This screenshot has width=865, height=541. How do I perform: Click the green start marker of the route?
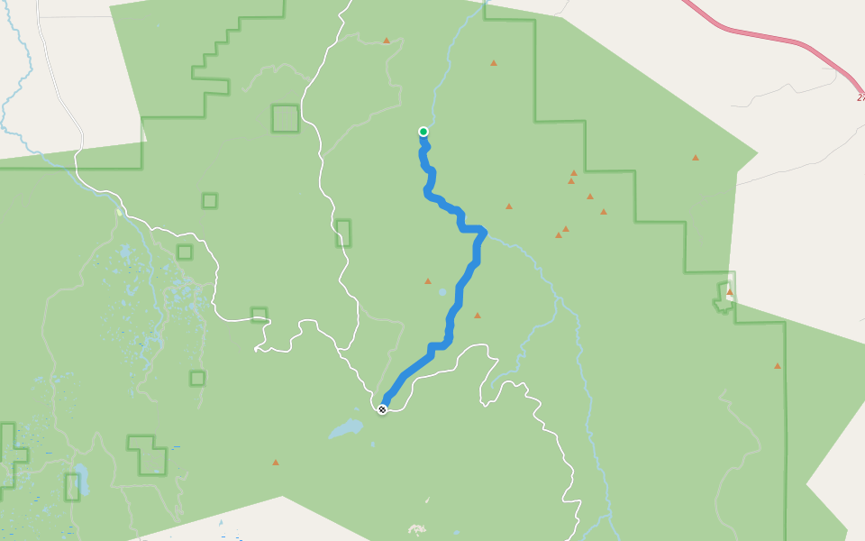point(423,132)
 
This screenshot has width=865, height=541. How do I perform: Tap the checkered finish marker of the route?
point(383,409)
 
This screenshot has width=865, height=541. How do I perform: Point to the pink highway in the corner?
point(766,37)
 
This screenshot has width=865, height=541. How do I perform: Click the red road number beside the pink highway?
point(860,96)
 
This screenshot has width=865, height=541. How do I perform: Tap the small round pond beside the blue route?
point(442,292)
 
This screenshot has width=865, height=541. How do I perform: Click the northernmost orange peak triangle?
point(387,41)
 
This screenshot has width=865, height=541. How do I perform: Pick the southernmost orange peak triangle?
point(276,463)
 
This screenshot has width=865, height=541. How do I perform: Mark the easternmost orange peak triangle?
point(777,366)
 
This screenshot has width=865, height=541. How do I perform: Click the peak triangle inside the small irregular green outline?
point(729,292)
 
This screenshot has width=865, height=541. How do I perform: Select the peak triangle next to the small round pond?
point(428,281)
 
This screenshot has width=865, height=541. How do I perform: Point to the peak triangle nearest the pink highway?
point(696,158)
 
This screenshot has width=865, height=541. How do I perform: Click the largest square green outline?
point(285,118)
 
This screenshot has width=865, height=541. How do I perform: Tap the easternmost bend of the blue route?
point(486,234)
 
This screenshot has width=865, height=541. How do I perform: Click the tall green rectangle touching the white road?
point(343,233)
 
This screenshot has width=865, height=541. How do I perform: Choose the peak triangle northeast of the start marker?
point(493,63)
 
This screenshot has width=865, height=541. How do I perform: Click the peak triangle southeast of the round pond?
point(478,316)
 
